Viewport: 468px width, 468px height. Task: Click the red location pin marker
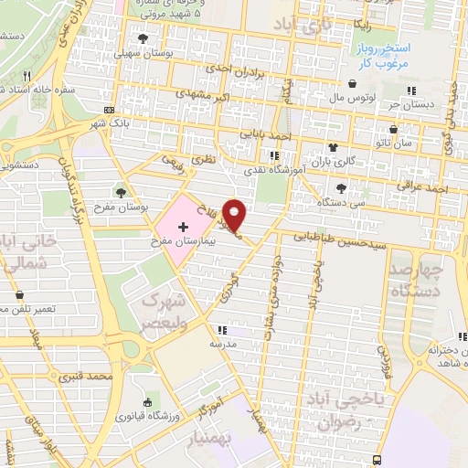click(x=237, y=214)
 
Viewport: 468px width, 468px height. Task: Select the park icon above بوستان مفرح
click(x=122, y=191)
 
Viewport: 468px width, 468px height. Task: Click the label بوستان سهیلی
click(x=142, y=54)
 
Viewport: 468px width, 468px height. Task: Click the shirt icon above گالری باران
click(x=332, y=146)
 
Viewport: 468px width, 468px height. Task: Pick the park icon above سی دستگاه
click(x=341, y=186)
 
